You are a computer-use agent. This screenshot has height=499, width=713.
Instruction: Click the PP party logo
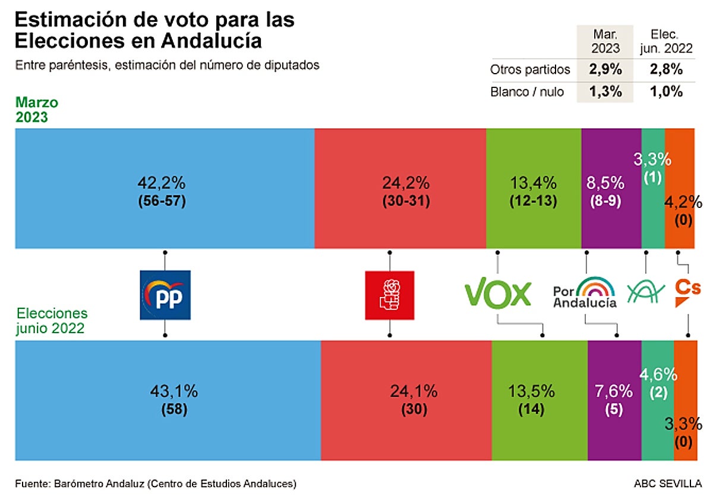(165, 295)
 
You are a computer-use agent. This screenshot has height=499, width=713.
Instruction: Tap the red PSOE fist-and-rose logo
(389, 295)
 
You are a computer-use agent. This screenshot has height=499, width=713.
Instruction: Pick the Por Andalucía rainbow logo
(585, 292)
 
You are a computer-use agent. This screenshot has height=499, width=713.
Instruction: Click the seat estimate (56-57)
(160, 201)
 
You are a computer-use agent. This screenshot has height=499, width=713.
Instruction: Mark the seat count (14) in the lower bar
(533, 409)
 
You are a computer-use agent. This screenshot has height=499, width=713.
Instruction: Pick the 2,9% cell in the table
(605, 70)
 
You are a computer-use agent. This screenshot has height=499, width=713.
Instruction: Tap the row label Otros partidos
(530, 70)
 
